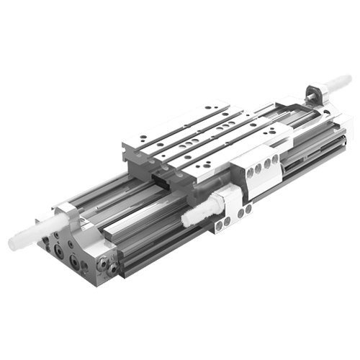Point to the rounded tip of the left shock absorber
pos(14,243)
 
